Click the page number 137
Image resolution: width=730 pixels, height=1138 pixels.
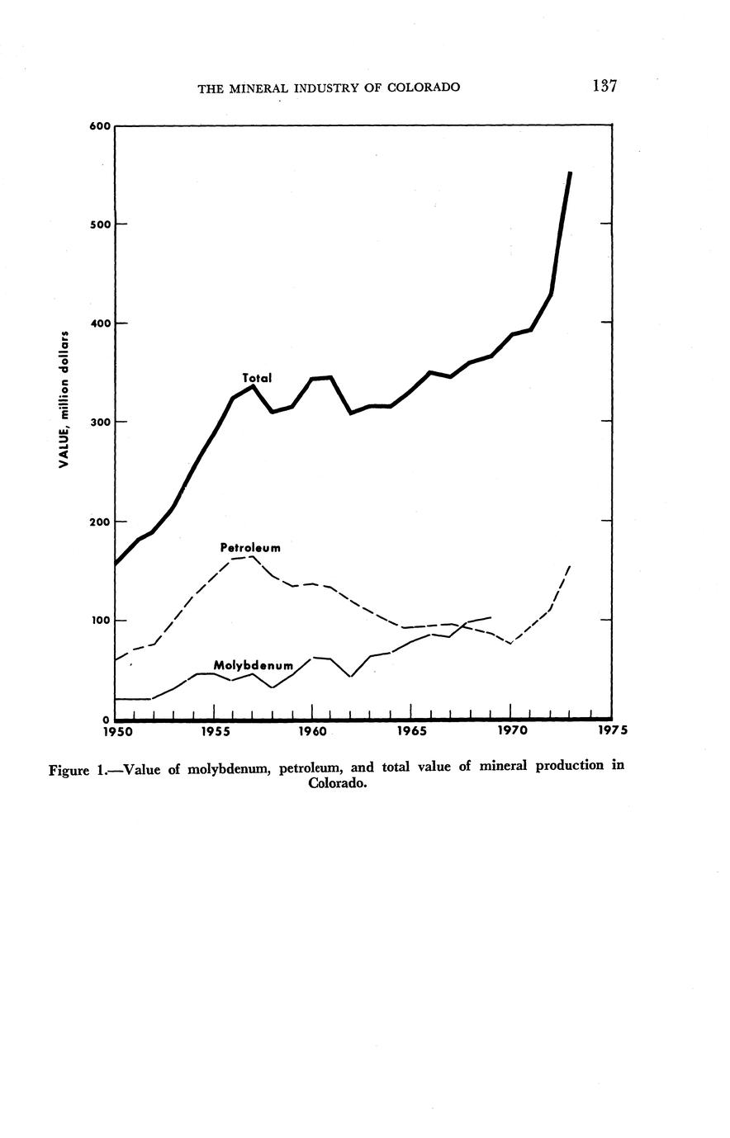click(x=604, y=86)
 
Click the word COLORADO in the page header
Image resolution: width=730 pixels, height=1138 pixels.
click(x=420, y=87)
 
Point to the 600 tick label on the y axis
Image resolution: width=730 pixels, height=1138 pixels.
click(x=99, y=125)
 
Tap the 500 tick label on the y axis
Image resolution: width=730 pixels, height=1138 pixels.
click(x=99, y=224)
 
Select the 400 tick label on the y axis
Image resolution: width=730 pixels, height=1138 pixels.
click(x=99, y=323)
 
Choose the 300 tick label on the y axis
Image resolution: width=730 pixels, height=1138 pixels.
click(x=99, y=422)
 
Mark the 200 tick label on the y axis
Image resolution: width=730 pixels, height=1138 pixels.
click(x=99, y=522)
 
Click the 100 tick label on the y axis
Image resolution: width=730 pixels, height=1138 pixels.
click(x=99, y=621)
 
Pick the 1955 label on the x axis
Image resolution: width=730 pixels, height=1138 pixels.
click(x=215, y=731)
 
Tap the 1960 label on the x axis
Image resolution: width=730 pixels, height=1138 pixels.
click(x=312, y=731)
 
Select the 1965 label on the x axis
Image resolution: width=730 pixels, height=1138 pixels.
click(x=411, y=731)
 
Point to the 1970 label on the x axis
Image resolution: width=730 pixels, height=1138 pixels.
click(x=511, y=731)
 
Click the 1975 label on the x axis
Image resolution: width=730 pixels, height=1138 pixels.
click(x=611, y=731)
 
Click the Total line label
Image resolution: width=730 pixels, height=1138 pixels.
click(x=257, y=378)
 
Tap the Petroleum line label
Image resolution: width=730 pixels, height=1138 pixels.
click(x=250, y=547)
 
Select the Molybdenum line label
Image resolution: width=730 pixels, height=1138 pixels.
click(x=254, y=665)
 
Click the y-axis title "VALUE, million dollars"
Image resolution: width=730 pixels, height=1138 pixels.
click(x=63, y=399)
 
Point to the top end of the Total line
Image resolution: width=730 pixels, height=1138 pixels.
click(x=570, y=173)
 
